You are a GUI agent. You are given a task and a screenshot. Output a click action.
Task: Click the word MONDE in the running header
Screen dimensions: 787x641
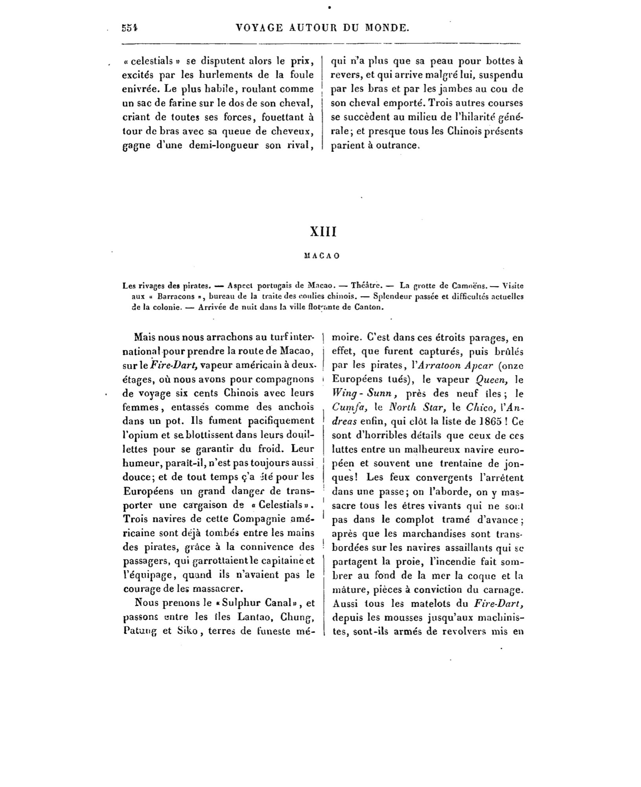387,28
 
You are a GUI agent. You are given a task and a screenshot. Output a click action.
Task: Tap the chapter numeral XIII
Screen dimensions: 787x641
323,231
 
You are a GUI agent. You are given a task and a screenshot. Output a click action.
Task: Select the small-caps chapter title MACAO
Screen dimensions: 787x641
322,256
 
